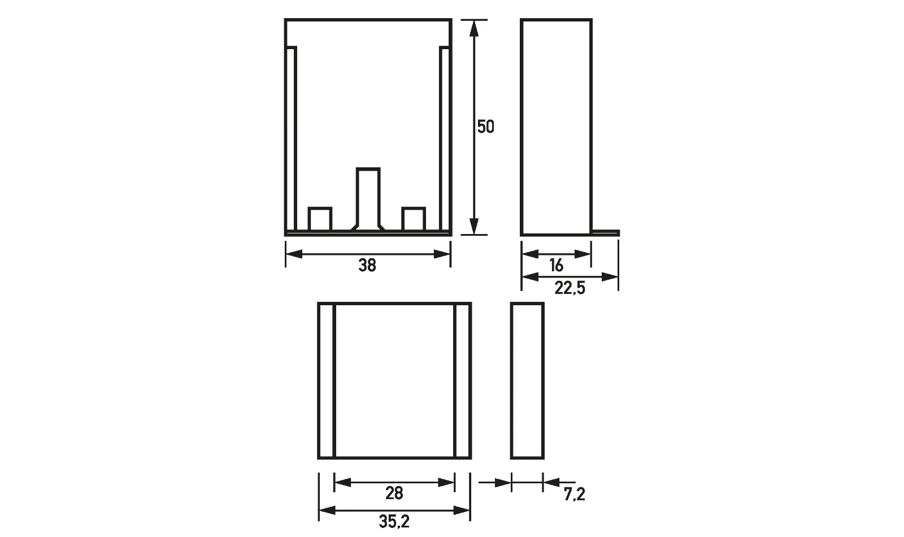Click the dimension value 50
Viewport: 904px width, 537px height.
point(485,127)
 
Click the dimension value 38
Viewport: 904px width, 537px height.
point(367,265)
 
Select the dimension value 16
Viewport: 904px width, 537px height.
point(556,265)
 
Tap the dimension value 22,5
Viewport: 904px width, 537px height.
point(570,288)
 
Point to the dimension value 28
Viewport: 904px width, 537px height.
point(394,493)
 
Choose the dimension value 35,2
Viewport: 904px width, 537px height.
point(394,522)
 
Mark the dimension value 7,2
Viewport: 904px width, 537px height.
point(574,494)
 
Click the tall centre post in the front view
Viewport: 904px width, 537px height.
point(368,199)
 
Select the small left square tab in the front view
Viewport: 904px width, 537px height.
point(320,219)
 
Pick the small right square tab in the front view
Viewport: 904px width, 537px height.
point(414,219)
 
